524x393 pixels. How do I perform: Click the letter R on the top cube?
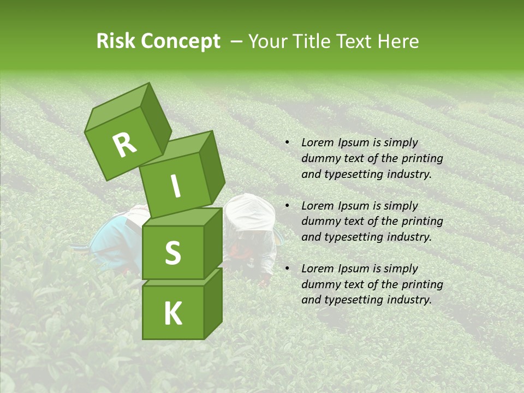pyautogui.click(x=124, y=146)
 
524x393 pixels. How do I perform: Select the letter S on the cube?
pyautogui.click(x=172, y=252)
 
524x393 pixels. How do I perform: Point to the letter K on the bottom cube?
pyautogui.click(x=172, y=313)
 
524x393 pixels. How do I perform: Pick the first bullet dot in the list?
pyautogui.click(x=287, y=143)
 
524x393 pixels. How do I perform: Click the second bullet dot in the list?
pyautogui.click(x=287, y=206)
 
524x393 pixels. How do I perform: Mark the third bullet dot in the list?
pyautogui.click(x=287, y=269)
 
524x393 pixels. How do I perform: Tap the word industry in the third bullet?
pyautogui.click(x=409, y=300)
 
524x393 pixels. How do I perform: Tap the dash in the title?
pyautogui.click(x=237, y=41)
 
